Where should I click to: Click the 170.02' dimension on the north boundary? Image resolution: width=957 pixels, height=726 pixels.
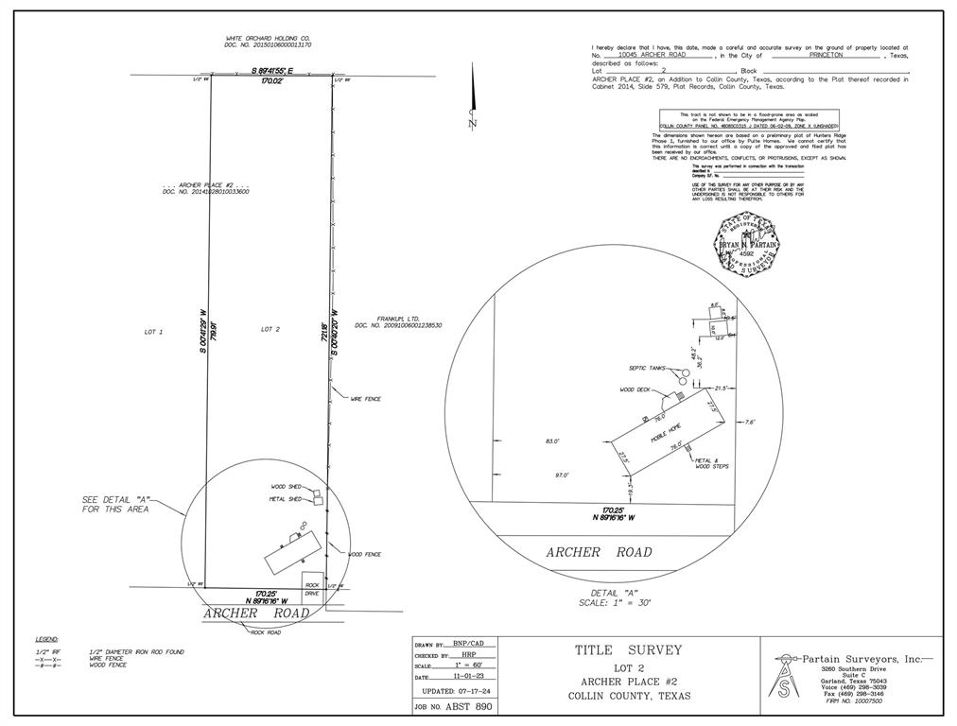click(x=272, y=81)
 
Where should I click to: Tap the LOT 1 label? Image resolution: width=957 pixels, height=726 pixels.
click(x=154, y=332)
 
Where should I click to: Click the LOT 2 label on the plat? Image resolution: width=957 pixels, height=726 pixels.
click(x=270, y=329)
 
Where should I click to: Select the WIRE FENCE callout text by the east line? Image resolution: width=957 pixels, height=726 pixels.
click(x=365, y=399)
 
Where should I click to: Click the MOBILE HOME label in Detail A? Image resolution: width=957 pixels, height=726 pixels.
click(x=665, y=435)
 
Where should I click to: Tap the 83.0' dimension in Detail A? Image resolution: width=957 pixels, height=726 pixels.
click(x=552, y=441)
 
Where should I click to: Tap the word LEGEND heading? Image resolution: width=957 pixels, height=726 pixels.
click(x=47, y=641)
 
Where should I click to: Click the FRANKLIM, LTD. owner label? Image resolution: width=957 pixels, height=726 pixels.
click(x=398, y=320)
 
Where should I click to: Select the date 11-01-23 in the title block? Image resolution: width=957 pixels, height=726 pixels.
click(x=468, y=678)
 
